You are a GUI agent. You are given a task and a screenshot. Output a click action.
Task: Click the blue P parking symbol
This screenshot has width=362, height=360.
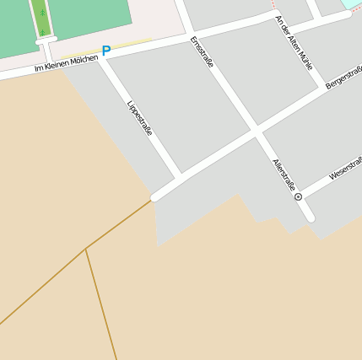(105, 51)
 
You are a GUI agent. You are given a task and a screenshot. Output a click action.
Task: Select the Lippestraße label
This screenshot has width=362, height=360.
(139, 119)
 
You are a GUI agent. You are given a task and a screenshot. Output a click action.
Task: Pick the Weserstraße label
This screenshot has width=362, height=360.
(344, 170)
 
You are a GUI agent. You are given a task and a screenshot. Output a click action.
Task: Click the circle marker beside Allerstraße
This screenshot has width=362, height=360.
(298, 196)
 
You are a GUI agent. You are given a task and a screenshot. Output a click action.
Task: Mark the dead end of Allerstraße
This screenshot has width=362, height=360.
(310, 218)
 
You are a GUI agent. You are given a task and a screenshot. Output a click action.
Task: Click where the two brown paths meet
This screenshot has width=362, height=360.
(86, 249)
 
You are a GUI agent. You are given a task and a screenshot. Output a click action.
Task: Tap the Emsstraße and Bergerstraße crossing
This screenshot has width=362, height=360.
(255, 132)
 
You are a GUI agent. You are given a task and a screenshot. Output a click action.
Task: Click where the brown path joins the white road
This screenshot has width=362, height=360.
(153, 199)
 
